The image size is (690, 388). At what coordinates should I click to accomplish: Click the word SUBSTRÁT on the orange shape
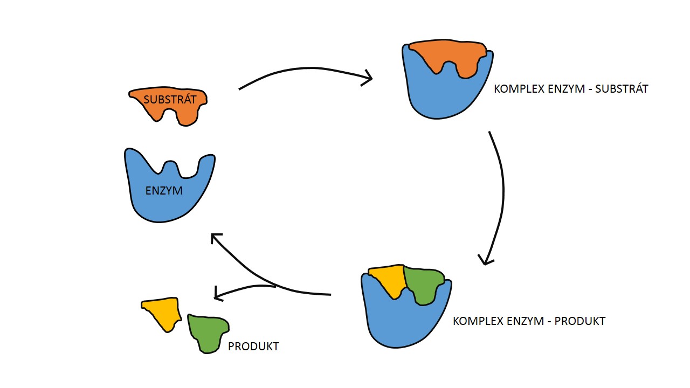click(x=170, y=99)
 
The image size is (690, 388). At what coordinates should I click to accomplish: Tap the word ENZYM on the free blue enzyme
click(x=164, y=190)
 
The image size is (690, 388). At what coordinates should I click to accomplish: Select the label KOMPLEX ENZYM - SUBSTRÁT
click(x=570, y=89)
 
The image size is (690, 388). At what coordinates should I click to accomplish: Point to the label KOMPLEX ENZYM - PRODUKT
click(x=529, y=321)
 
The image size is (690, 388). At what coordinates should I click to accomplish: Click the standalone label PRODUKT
click(x=253, y=347)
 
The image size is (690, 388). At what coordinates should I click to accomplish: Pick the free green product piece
click(x=208, y=331)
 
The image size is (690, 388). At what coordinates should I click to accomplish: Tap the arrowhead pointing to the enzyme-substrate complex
click(x=369, y=78)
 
